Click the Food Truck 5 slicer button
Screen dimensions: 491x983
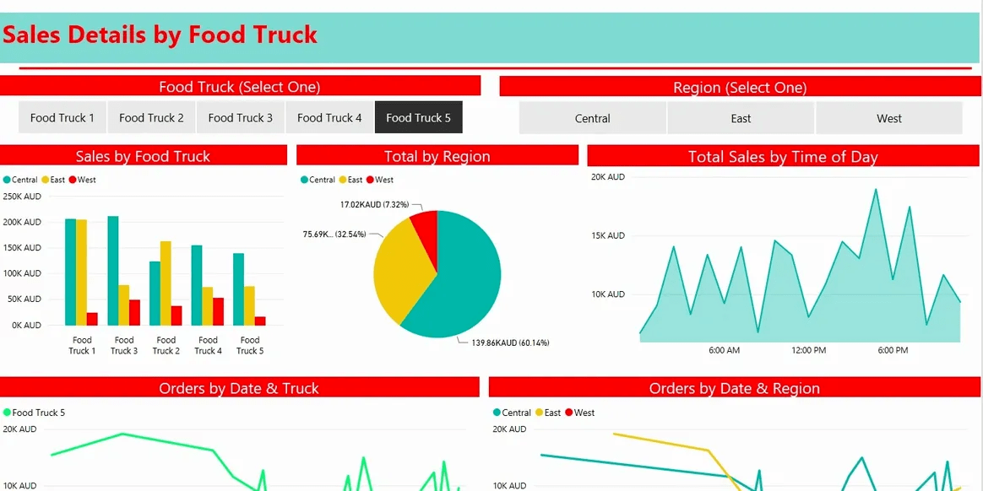coord(418,118)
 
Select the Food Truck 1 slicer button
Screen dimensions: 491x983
coord(62,118)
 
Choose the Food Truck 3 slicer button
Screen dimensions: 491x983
coord(241,118)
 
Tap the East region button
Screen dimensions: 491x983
coord(741,119)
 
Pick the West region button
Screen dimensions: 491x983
coord(888,119)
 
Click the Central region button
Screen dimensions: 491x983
coord(592,119)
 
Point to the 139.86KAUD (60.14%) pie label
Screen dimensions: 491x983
coord(509,343)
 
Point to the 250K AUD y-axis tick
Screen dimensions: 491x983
coord(22,197)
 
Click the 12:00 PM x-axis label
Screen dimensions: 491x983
coord(808,350)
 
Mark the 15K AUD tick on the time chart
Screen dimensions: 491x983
coord(607,235)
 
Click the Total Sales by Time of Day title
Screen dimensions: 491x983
coord(783,157)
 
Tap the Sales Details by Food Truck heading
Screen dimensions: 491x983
coord(160,35)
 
